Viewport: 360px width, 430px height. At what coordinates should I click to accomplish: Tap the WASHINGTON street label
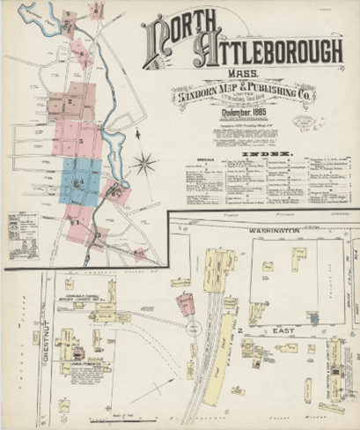pyautogui.click(x=273, y=230)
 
